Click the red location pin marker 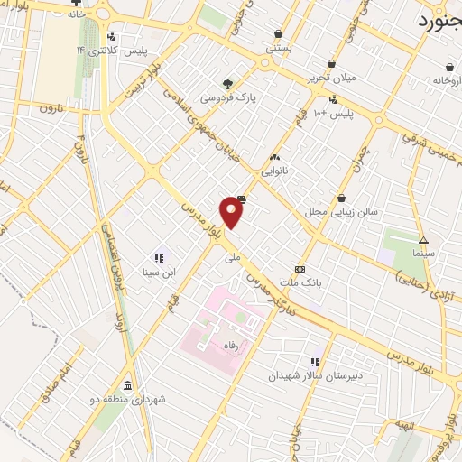(x=232, y=212)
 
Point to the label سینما (x=423, y=254)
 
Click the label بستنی (x=274, y=47)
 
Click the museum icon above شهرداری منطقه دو (x=127, y=384)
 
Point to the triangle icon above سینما (x=423, y=240)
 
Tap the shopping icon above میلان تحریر (x=333, y=64)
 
